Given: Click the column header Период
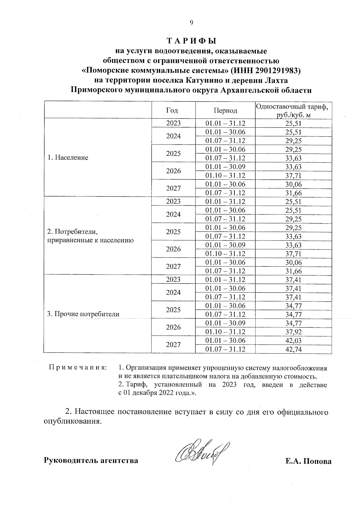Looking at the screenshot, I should pos(225,110).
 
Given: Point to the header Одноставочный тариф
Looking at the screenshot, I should pos(292,107).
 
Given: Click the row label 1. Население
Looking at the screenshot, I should pos(68,157).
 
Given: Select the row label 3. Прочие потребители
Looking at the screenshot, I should pos(83,314).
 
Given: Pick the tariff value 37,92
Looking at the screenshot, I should pos(294,332).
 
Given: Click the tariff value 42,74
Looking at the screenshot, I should pos(294,349).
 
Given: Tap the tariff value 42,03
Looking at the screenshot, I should pos(294,341).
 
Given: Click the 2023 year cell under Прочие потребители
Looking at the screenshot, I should pos(173,279).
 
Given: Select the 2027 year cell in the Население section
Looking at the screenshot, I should pos(173,189).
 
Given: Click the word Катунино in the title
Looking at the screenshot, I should pos(204,81).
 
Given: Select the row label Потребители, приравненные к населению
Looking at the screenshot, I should pos(90,236).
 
